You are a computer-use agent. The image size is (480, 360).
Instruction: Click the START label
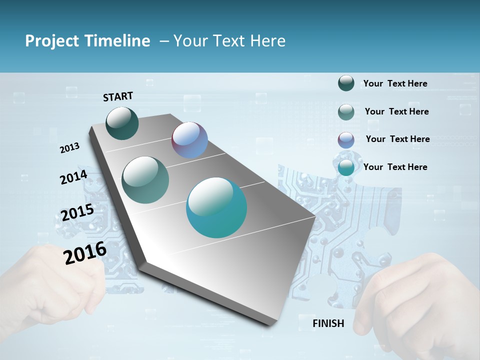(118, 96)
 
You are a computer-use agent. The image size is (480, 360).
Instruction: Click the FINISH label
(328, 323)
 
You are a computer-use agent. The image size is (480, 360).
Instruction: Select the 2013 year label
(69, 148)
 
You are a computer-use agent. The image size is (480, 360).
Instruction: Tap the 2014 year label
(73, 177)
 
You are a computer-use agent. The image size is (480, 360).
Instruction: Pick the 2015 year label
(77, 212)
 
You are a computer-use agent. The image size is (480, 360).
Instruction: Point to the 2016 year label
(85, 252)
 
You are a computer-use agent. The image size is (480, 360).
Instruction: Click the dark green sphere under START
(122, 123)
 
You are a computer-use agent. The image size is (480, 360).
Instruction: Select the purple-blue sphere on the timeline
(189, 140)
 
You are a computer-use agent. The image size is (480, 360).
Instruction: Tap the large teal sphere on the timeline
(216, 207)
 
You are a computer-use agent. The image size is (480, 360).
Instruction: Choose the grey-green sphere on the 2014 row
(145, 180)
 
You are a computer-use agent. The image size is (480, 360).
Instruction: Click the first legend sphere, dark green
(346, 83)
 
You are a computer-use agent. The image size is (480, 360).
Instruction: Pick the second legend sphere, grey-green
(346, 112)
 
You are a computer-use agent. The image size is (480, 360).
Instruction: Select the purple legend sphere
(346, 140)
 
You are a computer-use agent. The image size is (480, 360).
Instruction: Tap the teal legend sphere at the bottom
(346, 168)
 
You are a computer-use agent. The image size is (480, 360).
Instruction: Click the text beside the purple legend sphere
(397, 139)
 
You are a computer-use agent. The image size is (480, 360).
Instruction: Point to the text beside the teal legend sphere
(395, 167)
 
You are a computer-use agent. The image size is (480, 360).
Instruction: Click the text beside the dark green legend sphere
(395, 83)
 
